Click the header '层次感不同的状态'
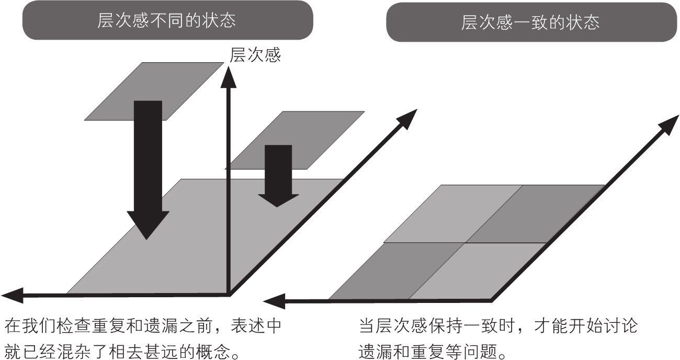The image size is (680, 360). point(166,20)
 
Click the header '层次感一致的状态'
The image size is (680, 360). point(530,22)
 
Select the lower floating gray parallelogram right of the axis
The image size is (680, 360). point(314,131)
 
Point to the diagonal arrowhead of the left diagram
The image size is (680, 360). point(408,118)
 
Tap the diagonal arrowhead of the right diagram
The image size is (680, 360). point(670,123)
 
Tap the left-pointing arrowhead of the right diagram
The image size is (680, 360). point(273,301)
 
